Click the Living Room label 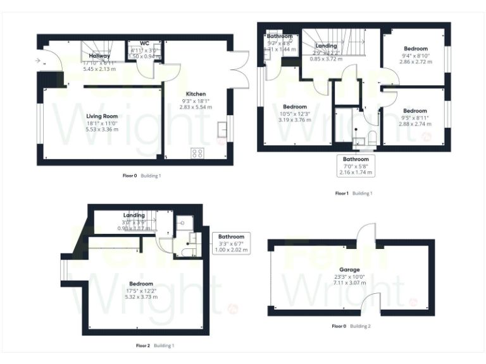click(x=102, y=116)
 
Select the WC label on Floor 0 click(x=136, y=43)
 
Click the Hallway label click(x=95, y=56)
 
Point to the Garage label click(x=350, y=269)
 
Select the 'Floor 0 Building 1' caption click(x=142, y=176)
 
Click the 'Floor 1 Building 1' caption click(x=353, y=193)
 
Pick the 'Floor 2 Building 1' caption click(x=155, y=346)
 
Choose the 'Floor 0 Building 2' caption click(x=351, y=326)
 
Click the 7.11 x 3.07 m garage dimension click(x=350, y=282)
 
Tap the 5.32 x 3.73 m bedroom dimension click(x=141, y=296)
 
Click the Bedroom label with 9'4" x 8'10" click(x=416, y=49)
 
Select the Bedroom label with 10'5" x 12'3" click(x=295, y=107)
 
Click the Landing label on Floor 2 click(x=134, y=215)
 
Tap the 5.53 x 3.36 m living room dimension click(x=102, y=130)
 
